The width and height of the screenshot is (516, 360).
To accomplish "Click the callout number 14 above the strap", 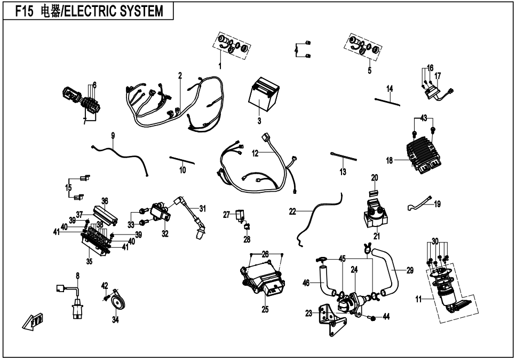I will pyautogui.click(x=390, y=88).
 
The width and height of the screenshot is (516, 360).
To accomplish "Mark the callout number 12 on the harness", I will pyautogui.click(x=255, y=153).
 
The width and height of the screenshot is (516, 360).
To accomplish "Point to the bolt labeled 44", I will pyautogui.click(x=372, y=318).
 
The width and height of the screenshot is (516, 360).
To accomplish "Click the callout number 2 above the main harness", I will pyautogui.click(x=180, y=75).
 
